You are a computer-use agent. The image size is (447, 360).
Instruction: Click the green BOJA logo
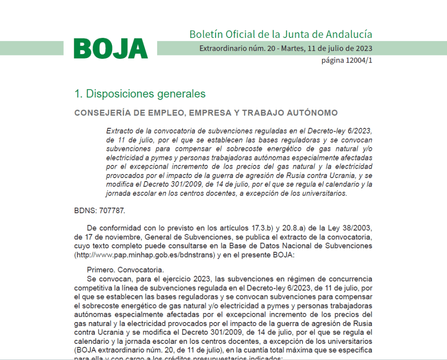pos(111,48)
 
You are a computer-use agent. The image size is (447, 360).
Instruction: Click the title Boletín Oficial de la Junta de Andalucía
pos(281,34)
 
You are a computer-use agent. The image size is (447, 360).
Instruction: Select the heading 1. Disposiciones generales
pos(140,93)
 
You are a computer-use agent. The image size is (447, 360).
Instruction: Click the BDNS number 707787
pos(112,210)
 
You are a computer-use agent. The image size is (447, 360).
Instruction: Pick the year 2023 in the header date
pos(364,48)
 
